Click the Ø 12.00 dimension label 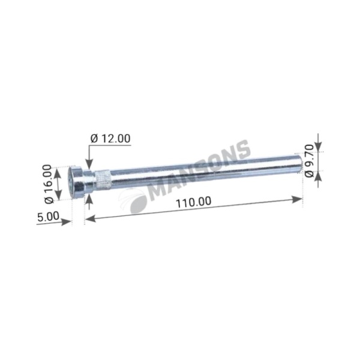click(110, 139)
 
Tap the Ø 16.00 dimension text click(49, 184)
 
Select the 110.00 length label click(193, 202)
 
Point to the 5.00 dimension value click(48, 217)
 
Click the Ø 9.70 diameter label click(310, 161)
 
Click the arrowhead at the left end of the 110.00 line click(91, 218)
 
